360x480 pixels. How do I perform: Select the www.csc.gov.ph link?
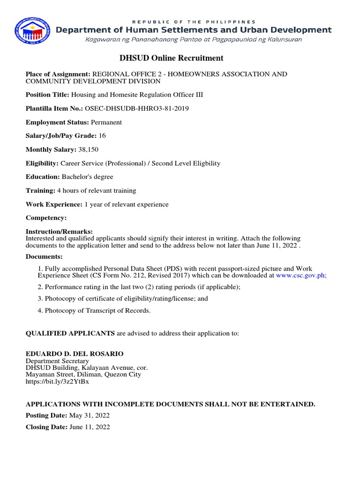point(301,276)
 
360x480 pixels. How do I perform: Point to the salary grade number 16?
point(103,135)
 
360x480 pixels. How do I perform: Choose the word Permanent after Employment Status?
point(106,122)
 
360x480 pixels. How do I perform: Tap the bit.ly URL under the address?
point(57,382)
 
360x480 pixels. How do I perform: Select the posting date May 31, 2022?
point(89,415)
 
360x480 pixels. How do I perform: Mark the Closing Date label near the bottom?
point(46,427)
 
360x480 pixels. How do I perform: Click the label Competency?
point(46,217)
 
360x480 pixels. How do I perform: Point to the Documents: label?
point(44,256)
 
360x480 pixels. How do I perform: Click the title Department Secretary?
point(57,361)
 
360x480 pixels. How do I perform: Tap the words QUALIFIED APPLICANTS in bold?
point(70,333)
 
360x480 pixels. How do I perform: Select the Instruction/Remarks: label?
point(59,232)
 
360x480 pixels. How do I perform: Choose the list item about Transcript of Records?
point(94,310)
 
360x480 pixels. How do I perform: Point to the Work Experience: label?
point(54,204)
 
